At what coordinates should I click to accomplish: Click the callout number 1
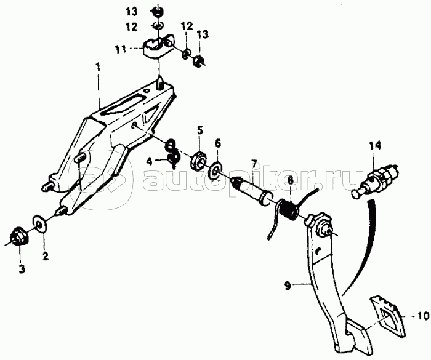coord(98,68)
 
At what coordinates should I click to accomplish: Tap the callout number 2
coord(46,256)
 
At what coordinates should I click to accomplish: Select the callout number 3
coord(22,268)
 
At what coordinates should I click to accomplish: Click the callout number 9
coord(288,286)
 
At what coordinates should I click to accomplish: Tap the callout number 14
coord(375,145)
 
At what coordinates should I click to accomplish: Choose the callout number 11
coord(121,49)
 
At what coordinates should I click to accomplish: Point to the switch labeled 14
coord(374,181)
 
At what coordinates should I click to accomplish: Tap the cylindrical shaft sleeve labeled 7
coord(253,190)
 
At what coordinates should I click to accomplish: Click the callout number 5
coord(200,130)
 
